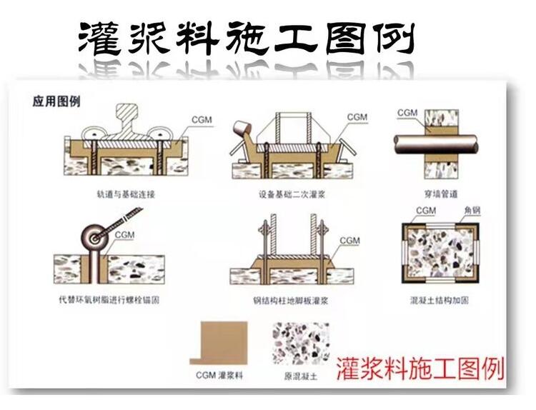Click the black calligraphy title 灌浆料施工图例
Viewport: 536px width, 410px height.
pyautogui.click(x=247, y=37)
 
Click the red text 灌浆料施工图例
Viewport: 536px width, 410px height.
pyautogui.click(x=420, y=366)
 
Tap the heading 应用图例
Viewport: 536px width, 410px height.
pyautogui.click(x=56, y=101)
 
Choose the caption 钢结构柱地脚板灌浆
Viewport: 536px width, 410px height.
pyautogui.click(x=293, y=301)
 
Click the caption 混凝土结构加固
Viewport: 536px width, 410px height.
pyautogui.click(x=440, y=301)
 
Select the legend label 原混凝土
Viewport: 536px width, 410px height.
pyautogui.click(x=301, y=375)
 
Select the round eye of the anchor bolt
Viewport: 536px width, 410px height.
pyautogui.click(x=94, y=236)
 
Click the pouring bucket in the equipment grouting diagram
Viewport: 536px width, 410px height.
pyautogui.click(x=242, y=131)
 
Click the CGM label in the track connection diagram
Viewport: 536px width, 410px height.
pyautogui.click(x=202, y=119)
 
